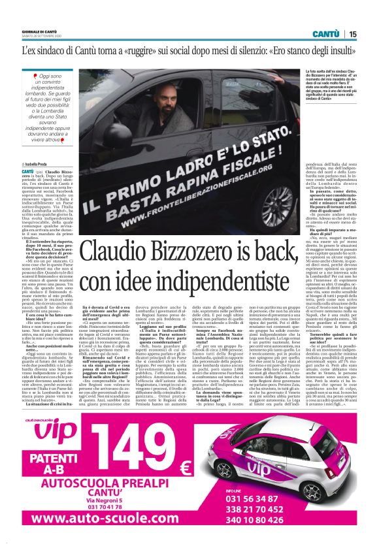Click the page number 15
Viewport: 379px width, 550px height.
pos(352,33)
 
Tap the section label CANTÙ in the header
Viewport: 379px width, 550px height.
pos(325,33)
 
